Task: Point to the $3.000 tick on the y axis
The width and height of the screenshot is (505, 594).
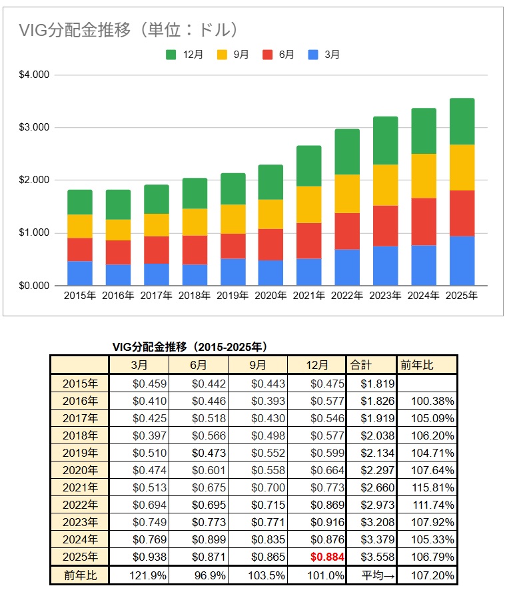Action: (35, 127)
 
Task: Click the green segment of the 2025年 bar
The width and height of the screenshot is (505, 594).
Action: (462, 121)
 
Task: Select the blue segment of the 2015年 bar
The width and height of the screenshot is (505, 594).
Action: (80, 273)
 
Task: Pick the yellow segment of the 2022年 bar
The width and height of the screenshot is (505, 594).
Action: (347, 194)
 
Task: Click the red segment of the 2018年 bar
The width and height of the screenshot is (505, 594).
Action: (195, 250)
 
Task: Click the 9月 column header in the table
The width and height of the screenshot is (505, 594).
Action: (258, 365)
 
